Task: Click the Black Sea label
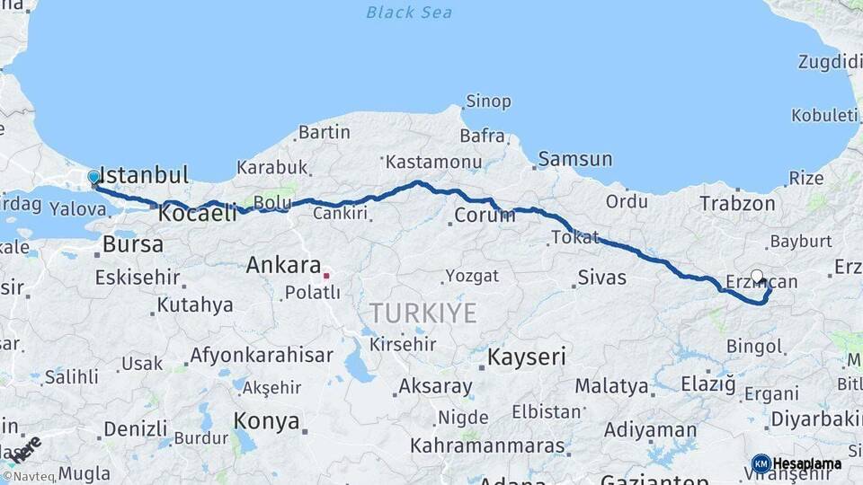pyautogui.click(x=408, y=13)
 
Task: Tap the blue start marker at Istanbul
pyautogui.click(x=93, y=178)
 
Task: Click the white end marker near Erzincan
pyautogui.click(x=756, y=277)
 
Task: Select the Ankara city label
pyautogui.click(x=283, y=266)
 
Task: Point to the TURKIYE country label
pyautogui.click(x=423, y=313)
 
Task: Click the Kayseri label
pyautogui.click(x=526, y=357)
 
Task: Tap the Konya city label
pyautogui.click(x=266, y=420)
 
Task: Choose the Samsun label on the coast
pyautogui.click(x=575, y=160)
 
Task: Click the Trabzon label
pyautogui.click(x=737, y=205)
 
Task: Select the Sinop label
pyautogui.click(x=488, y=101)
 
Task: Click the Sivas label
pyautogui.click(x=601, y=278)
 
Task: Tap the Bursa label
pyautogui.click(x=133, y=244)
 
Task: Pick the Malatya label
pyautogui.click(x=611, y=387)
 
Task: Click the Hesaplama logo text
pyautogui.click(x=807, y=464)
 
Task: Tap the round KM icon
pyautogui.click(x=761, y=464)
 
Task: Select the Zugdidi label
pyautogui.click(x=829, y=62)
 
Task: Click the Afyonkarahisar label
pyautogui.click(x=261, y=355)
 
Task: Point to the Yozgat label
pyautogui.click(x=471, y=277)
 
